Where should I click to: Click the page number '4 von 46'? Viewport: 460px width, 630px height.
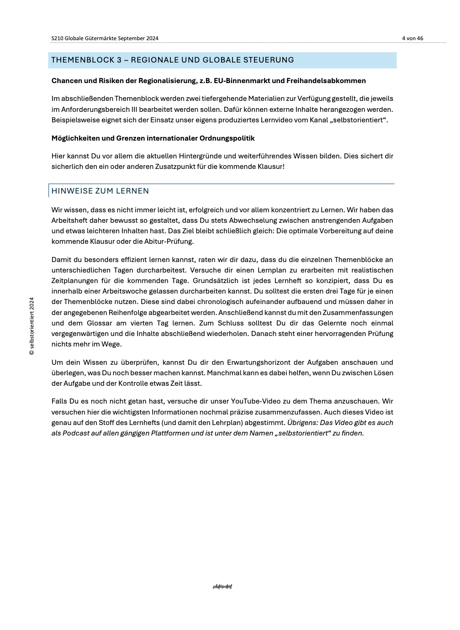[412, 38]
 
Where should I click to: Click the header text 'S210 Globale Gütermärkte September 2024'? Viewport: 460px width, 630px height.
[105, 38]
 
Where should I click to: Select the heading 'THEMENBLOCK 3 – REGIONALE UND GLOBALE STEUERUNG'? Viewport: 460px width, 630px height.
[173, 60]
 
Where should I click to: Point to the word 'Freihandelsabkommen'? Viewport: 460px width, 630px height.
[326, 81]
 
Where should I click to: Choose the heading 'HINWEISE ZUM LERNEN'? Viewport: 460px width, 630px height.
[100, 191]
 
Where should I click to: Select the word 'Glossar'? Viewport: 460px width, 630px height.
[99, 323]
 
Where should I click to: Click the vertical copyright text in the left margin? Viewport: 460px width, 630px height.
[32, 326]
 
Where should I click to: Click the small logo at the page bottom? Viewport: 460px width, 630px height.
[222, 587]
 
